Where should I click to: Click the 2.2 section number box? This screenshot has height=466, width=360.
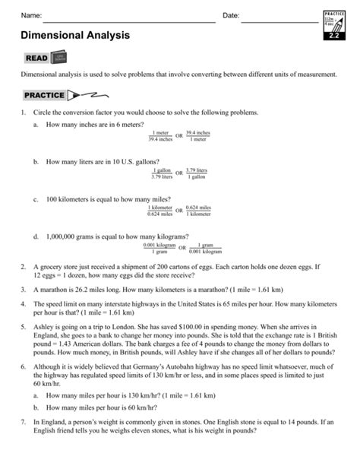334,35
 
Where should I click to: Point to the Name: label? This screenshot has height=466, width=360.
30,16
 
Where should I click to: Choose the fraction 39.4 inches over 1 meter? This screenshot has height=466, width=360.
197,135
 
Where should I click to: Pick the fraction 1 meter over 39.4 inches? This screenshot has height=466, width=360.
160,135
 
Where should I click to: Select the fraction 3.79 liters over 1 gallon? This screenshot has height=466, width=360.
197,173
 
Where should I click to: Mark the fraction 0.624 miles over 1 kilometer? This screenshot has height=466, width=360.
197,211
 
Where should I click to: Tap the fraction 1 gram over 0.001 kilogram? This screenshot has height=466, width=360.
201,248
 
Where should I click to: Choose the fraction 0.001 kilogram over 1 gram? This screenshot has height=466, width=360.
159,248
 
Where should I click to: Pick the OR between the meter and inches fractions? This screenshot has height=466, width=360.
179,136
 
